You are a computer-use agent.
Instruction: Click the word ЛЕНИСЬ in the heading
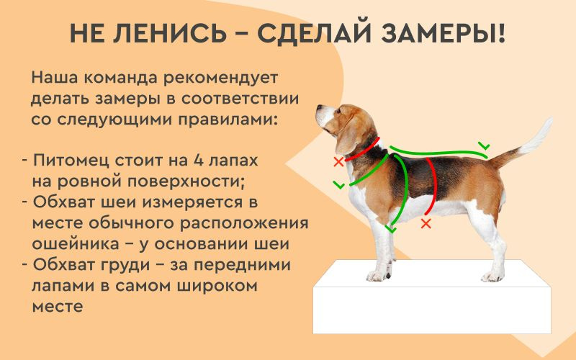click(x=170, y=33)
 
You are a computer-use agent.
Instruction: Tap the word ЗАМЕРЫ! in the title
click(x=444, y=33)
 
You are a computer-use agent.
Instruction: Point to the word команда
click(x=122, y=78)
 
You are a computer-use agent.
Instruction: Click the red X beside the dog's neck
click(x=338, y=161)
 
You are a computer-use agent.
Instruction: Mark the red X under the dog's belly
click(x=426, y=223)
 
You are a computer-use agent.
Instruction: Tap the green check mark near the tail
click(x=484, y=145)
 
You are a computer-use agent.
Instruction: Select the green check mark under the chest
click(x=390, y=228)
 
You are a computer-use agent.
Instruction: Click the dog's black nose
click(x=318, y=109)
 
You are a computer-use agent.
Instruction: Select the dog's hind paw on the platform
click(x=492, y=276)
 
